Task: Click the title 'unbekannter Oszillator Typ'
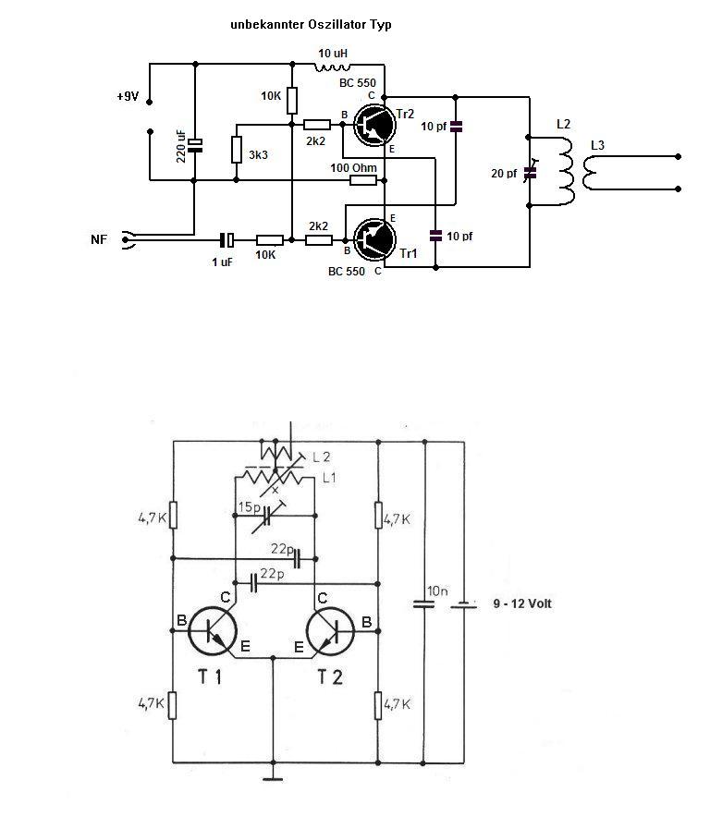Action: pyautogui.click(x=311, y=25)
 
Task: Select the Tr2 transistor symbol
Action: pyautogui.click(x=373, y=126)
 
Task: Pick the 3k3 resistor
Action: pyautogui.click(x=237, y=150)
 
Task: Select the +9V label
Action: pyautogui.click(x=128, y=96)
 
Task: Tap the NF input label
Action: pyautogui.click(x=99, y=239)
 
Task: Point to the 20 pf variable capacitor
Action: pyautogui.click(x=531, y=171)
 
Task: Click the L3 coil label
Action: pyautogui.click(x=598, y=146)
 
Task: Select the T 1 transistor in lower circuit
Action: pyautogui.click(x=213, y=632)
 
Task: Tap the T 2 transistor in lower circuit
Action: pyautogui.click(x=330, y=632)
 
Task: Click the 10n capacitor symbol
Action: pyautogui.click(x=423, y=604)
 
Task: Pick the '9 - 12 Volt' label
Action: pyautogui.click(x=522, y=603)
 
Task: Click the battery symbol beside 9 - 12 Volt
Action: pyautogui.click(x=462, y=604)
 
